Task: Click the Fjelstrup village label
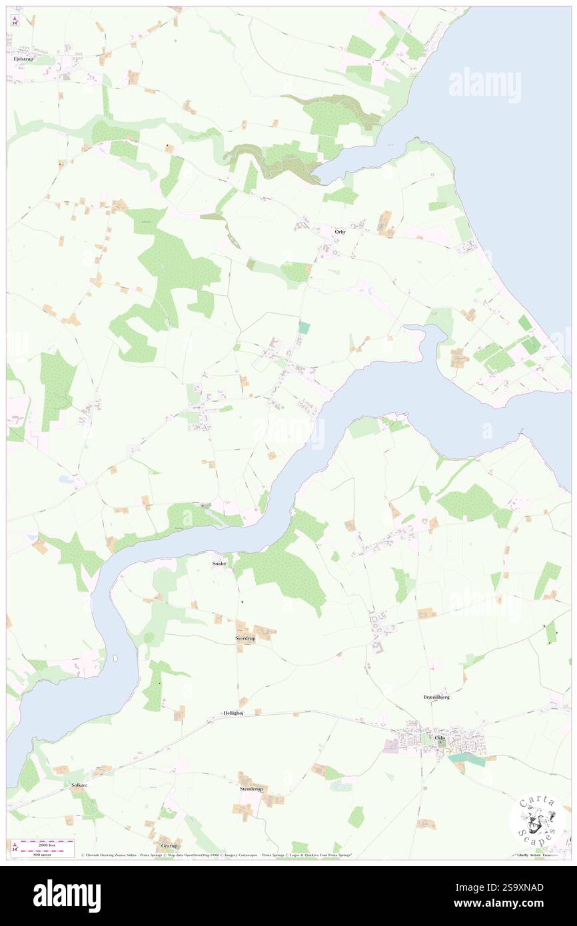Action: [23, 59]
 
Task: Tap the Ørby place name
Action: [340, 232]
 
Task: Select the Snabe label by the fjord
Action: [219, 563]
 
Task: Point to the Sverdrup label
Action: [245, 638]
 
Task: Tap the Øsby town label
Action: [440, 737]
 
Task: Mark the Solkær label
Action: [79, 785]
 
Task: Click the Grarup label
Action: [169, 846]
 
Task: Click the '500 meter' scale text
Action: [46, 854]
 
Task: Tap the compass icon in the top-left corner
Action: [15, 21]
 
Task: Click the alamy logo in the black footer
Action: [67, 895]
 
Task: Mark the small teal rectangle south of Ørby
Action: [304, 328]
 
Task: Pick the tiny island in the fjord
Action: [117, 658]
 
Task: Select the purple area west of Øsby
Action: [391, 747]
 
